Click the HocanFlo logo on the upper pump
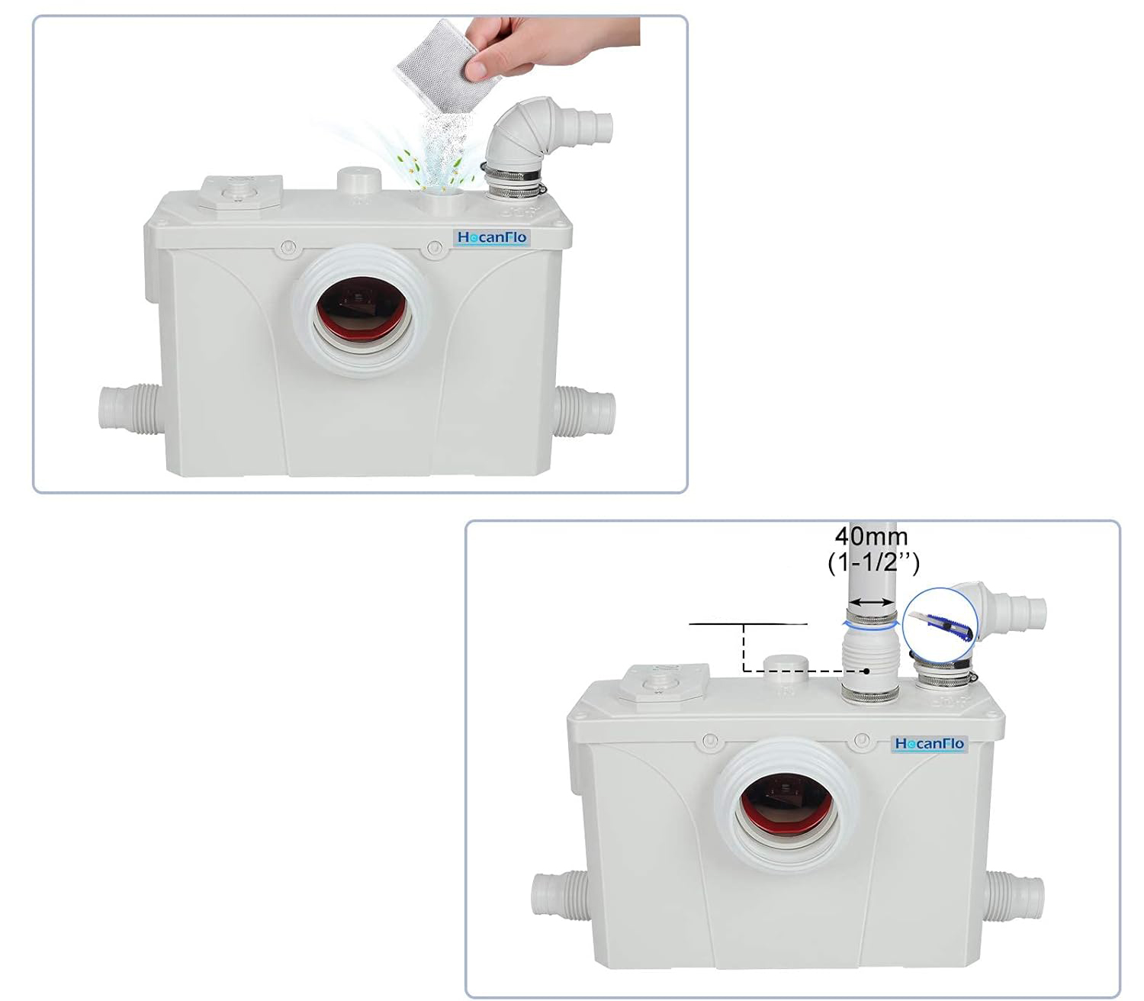point(491,238)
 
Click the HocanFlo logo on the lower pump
point(929,744)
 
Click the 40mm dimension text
point(871,537)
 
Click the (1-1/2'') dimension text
point(872,562)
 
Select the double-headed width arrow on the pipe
point(872,602)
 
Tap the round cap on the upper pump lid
point(359,179)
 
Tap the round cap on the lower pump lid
point(786,668)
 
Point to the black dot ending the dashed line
point(866,671)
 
